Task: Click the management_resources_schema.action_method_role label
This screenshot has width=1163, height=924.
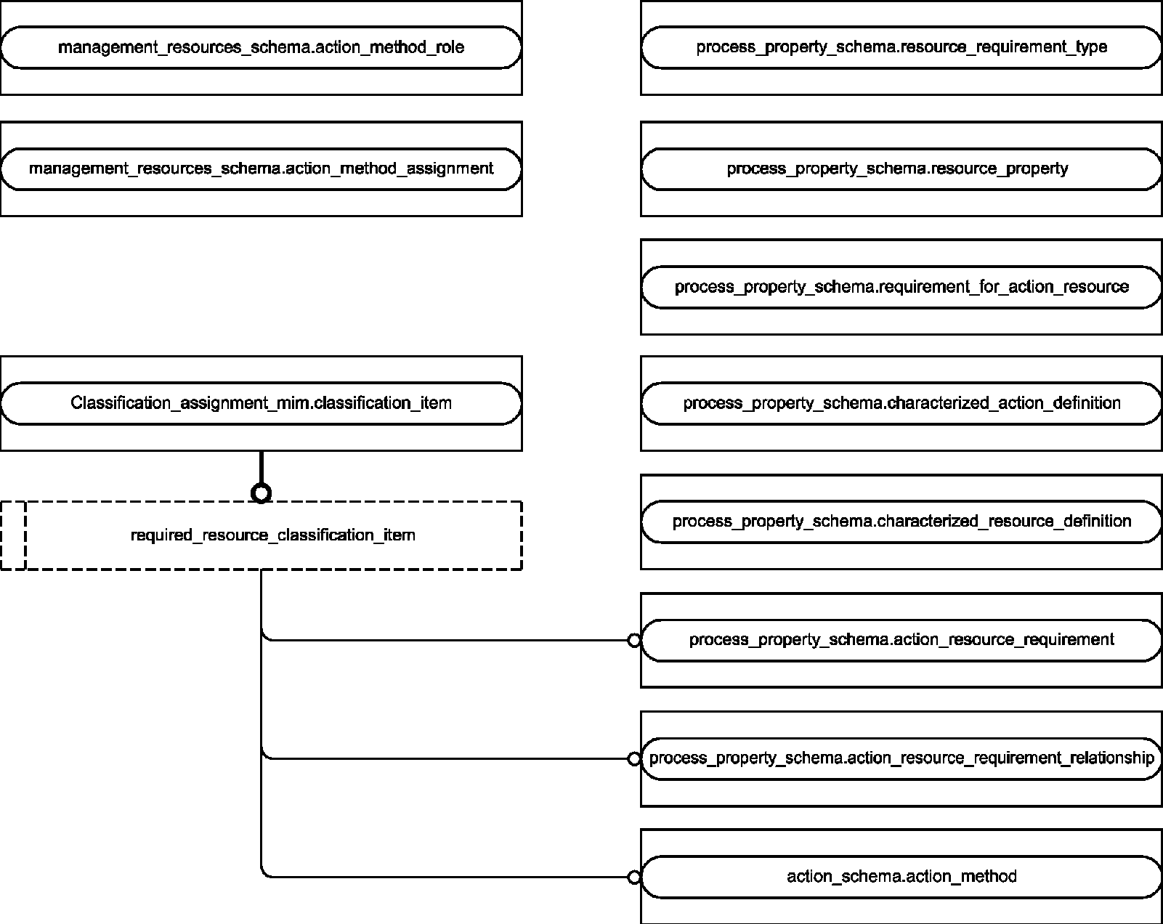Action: click(261, 47)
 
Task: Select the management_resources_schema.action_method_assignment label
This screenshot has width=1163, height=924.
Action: click(261, 169)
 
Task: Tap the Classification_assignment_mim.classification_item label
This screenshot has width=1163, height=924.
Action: click(261, 403)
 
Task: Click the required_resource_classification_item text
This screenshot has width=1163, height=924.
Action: click(273, 535)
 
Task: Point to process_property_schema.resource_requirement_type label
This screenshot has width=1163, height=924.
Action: click(901, 47)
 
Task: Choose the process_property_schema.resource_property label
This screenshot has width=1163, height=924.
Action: click(897, 169)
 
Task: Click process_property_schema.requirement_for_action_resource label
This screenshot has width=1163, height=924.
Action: click(901, 286)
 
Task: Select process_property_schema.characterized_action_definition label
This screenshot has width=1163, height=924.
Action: click(901, 403)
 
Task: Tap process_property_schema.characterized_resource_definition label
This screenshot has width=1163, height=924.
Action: click(901, 521)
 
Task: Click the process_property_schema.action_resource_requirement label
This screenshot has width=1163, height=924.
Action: click(901, 640)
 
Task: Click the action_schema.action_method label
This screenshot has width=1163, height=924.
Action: click(901, 877)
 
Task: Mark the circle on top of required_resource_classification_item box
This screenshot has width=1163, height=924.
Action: click(262, 493)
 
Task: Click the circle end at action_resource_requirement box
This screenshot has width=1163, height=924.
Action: click(634, 640)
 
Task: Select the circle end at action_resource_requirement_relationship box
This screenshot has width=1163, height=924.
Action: click(634, 758)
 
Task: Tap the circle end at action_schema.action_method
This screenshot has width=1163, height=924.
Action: click(634, 877)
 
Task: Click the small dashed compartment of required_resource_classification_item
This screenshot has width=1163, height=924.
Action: click(14, 535)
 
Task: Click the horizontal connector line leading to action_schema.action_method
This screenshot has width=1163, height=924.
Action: click(448, 877)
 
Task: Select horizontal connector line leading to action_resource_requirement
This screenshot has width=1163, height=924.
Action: click(448, 640)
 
